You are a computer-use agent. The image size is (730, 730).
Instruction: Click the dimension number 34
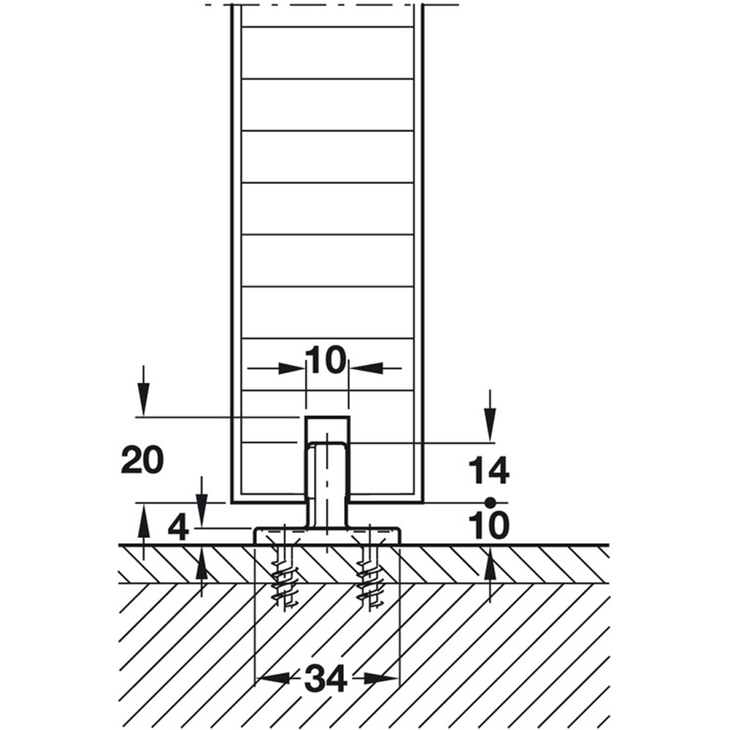[x=326, y=678]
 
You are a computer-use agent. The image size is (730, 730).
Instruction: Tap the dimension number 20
[x=142, y=459]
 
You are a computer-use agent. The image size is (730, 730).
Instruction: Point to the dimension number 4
[x=178, y=529]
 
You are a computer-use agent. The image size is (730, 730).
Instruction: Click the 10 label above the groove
[x=327, y=360]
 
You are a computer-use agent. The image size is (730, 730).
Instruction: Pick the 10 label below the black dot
[x=489, y=525]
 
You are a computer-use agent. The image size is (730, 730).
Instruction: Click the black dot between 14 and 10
[x=489, y=502]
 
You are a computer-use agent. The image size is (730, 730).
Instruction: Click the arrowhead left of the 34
[x=274, y=678]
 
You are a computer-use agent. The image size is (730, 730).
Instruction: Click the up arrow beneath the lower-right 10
[x=489, y=575]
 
